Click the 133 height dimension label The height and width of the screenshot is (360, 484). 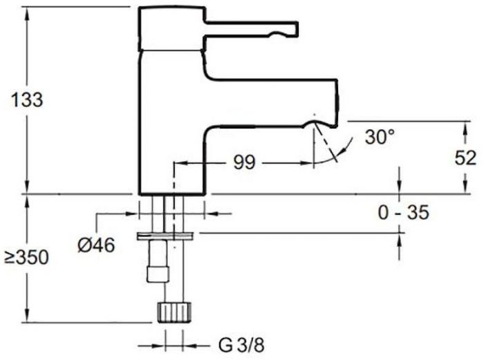coord(27,100)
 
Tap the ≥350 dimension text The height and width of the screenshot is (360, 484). coord(26,257)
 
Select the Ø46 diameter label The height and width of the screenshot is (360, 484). coord(96,245)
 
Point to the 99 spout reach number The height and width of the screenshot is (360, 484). coord(244,162)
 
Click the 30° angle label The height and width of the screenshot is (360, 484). coord(380,137)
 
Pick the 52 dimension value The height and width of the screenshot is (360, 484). coord(465,158)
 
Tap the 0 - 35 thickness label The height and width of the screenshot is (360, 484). coord(403,213)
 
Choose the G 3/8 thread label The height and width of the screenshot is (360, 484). coord(241,345)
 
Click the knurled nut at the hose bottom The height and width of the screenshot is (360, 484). coord(174,312)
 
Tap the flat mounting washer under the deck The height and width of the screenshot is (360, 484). coord(165,236)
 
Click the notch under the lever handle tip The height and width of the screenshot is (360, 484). coord(277,35)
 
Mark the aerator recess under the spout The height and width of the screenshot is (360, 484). coord(315,124)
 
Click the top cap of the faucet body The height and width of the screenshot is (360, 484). coord(171,28)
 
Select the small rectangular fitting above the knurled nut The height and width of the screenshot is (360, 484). coord(158,274)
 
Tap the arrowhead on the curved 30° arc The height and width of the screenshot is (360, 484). coord(341,151)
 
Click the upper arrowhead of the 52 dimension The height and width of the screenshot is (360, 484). coord(465,127)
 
